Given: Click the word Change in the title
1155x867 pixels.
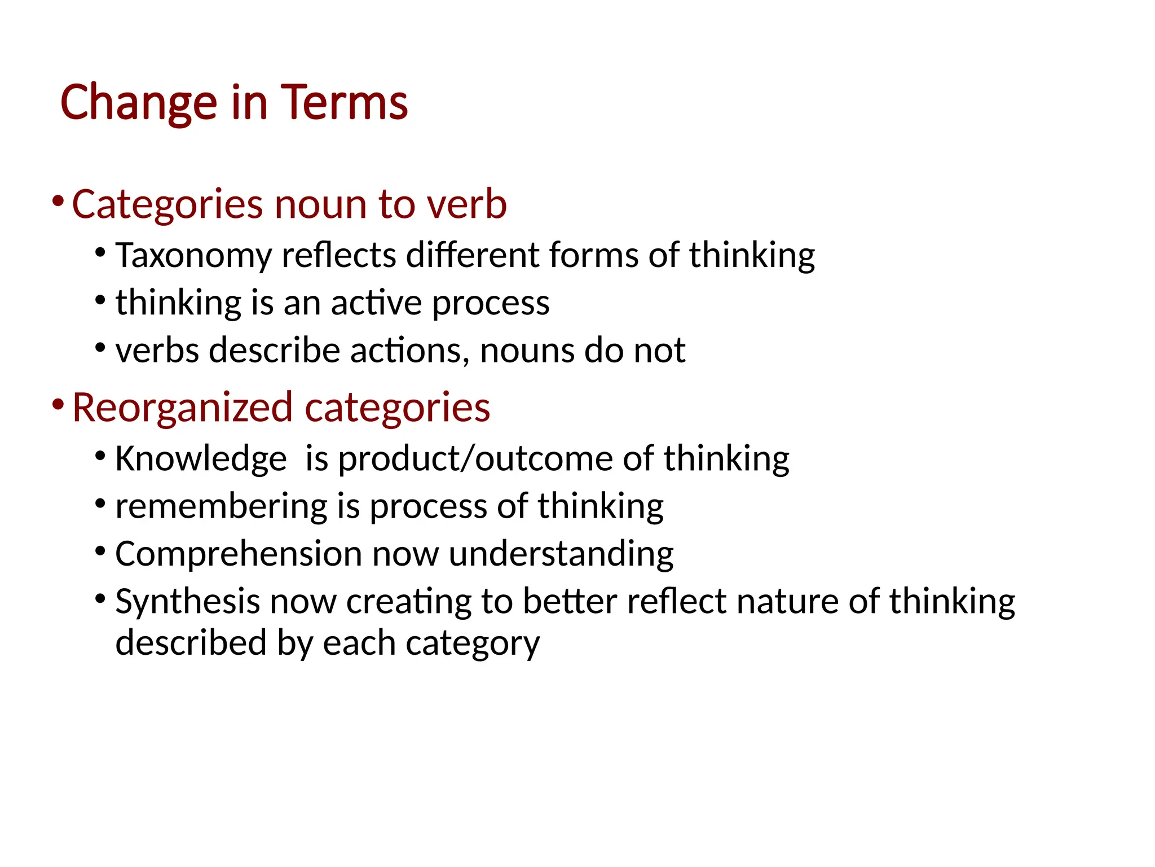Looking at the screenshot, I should (x=139, y=103).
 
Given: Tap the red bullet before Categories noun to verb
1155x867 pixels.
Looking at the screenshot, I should (x=57, y=202).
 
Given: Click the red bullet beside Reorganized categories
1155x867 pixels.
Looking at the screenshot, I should (x=57, y=405).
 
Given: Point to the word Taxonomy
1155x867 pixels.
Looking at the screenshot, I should (x=193, y=256).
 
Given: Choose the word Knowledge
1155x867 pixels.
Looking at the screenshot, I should (x=201, y=458).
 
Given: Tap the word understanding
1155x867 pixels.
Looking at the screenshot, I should (x=561, y=554).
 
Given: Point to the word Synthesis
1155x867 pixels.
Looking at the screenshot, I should (x=187, y=601).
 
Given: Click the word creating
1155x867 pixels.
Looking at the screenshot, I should (x=408, y=601).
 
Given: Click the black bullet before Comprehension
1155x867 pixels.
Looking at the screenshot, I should (x=100, y=550).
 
